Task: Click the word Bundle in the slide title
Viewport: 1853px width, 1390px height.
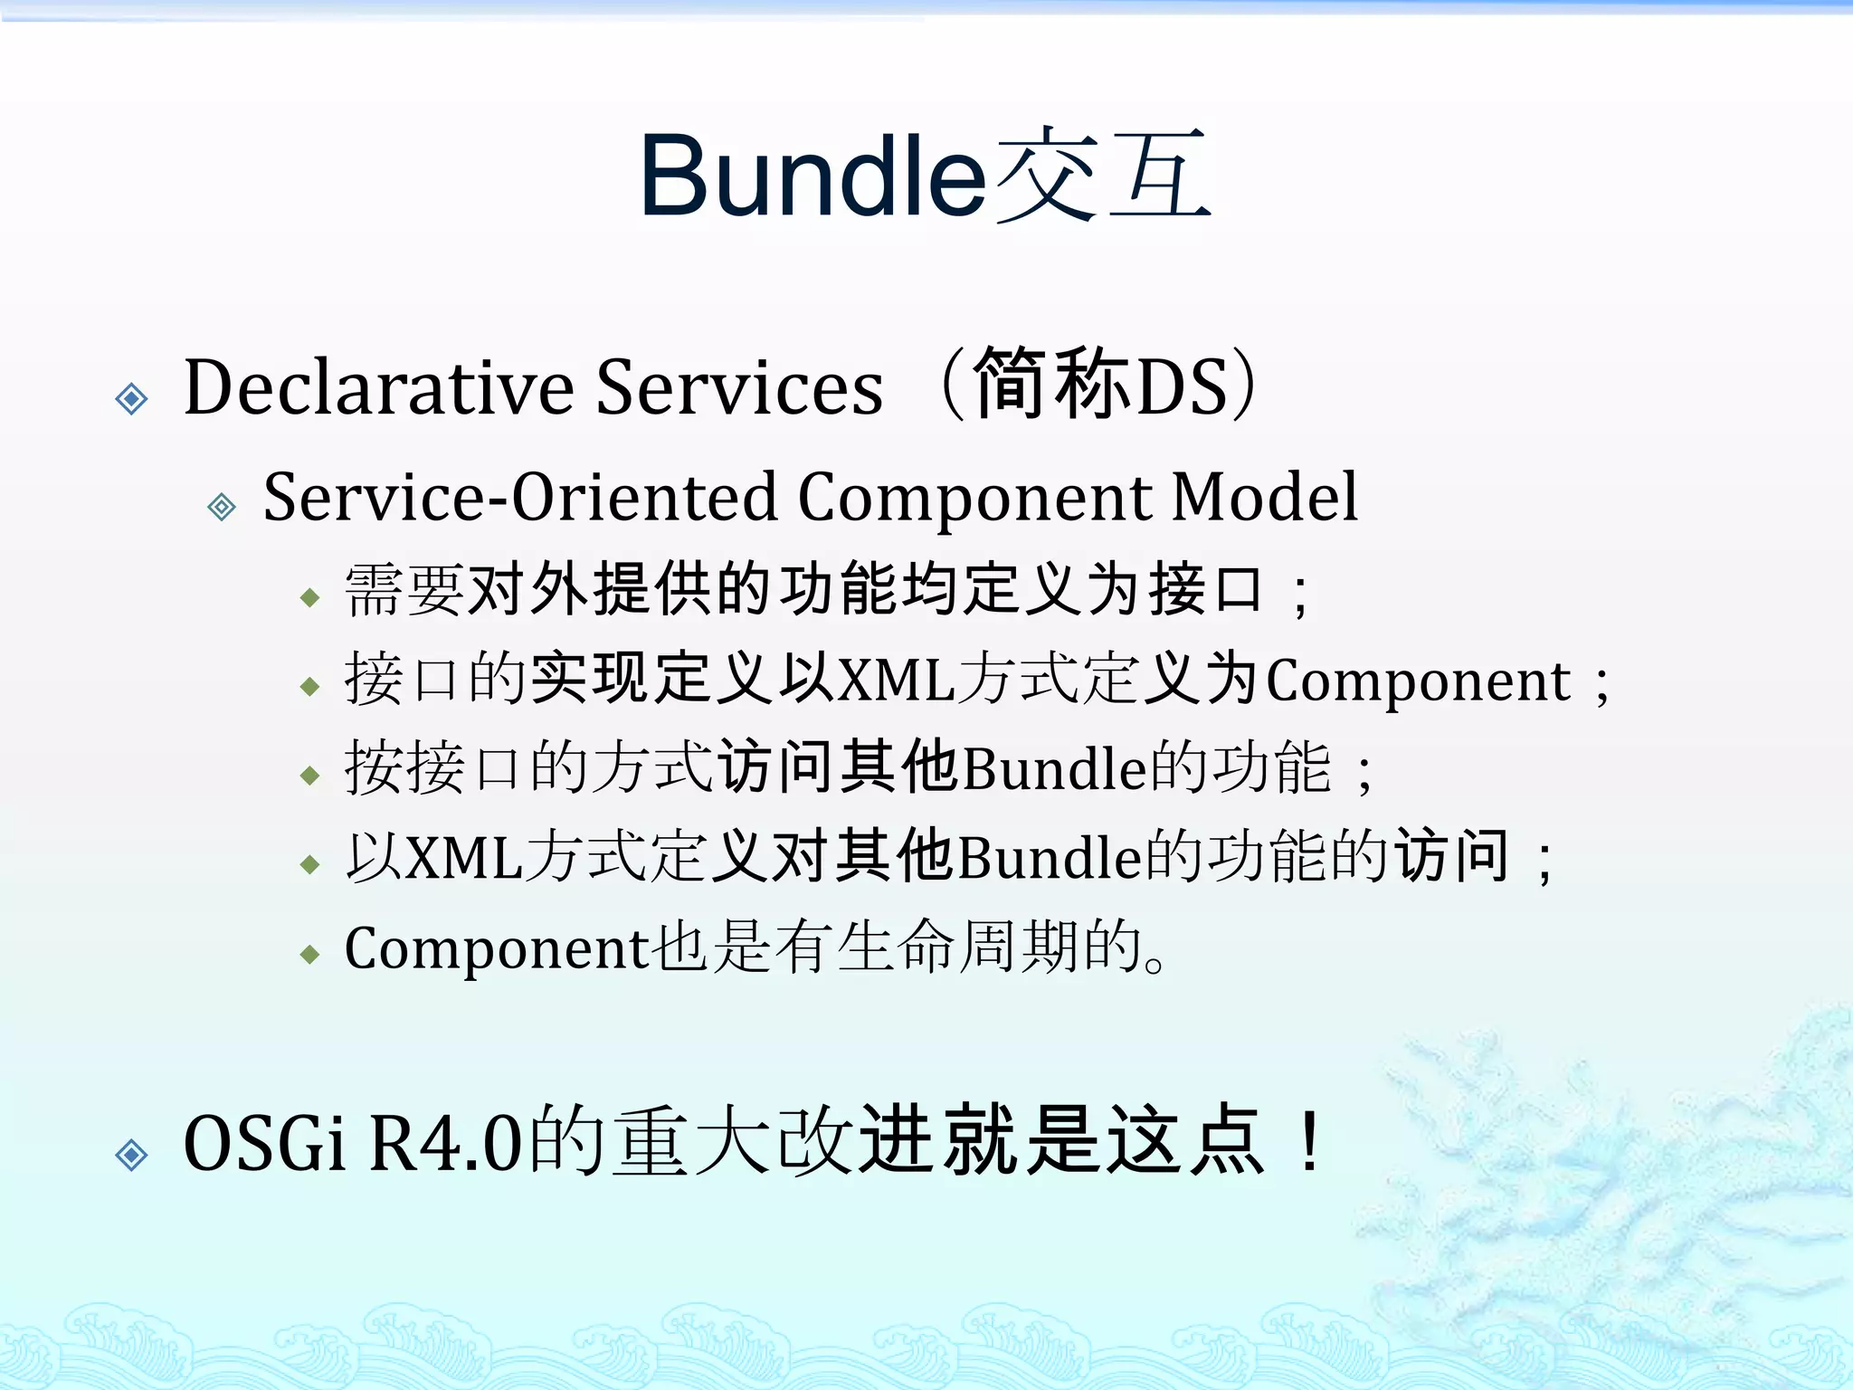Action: pos(812,176)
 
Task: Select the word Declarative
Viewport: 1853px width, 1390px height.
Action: pos(379,388)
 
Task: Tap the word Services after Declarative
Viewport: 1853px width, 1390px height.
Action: pos(739,388)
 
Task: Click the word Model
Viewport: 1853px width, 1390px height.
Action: pos(1264,497)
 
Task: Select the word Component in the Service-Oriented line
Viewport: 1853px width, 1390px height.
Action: pos(974,499)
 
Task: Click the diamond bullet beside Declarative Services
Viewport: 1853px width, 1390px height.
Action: pos(132,398)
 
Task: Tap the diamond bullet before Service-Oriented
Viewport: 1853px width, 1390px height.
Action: pos(222,507)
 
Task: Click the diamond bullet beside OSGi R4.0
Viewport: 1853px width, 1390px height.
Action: pos(132,1155)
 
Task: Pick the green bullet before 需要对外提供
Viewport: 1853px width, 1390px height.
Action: pos(310,597)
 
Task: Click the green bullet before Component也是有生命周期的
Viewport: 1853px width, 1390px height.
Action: pos(310,954)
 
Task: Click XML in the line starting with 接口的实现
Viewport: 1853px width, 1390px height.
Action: pos(896,680)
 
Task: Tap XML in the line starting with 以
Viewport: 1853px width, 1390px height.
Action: pos(463,857)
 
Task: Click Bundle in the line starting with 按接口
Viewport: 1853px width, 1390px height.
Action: pos(1054,769)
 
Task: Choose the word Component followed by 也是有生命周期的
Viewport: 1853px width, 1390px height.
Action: pos(497,949)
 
